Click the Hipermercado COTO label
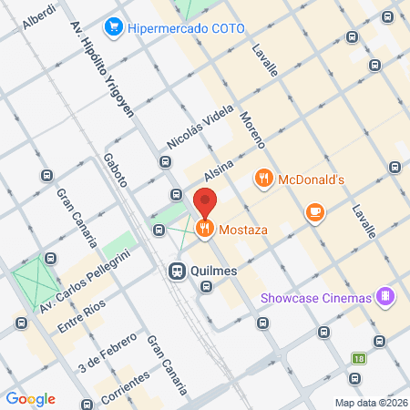click(188, 27)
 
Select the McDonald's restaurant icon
click(264, 179)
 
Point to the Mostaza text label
click(243, 231)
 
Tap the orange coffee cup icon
click(315, 211)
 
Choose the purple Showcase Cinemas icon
click(387, 297)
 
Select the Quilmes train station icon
click(177, 270)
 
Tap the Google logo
click(31, 398)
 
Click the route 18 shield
click(360, 358)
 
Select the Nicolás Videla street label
click(195, 133)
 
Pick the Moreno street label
click(252, 129)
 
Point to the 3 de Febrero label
click(108, 352)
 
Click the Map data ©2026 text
click(371, 403)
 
